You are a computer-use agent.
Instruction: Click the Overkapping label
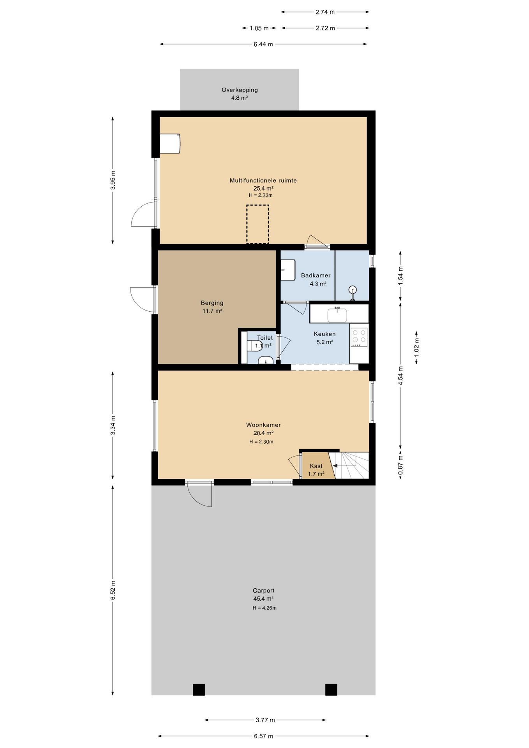tap(240, 90)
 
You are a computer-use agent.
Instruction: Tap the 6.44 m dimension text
tap(263, 44)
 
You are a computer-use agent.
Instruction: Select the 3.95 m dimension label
tap(113, 180)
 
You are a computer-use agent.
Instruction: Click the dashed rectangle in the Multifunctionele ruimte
tap(257, 224)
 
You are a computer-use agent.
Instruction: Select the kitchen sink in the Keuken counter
tap(337, 315)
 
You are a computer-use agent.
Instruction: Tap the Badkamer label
tap(316, 275)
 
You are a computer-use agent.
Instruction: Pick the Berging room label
tap(212, 303)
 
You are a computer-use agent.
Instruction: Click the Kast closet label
tap(316, 466)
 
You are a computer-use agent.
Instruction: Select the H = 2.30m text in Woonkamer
tap(261, 442)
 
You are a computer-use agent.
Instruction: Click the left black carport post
tap(199, 690)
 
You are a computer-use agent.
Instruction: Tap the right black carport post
tap(331, 690)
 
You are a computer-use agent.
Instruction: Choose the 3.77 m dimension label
tap(265, 720)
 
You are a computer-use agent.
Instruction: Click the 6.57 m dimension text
tap(264, 736)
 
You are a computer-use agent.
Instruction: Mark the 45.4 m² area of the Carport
tap(263, 599)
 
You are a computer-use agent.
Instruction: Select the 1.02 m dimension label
tap(416, 348)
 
